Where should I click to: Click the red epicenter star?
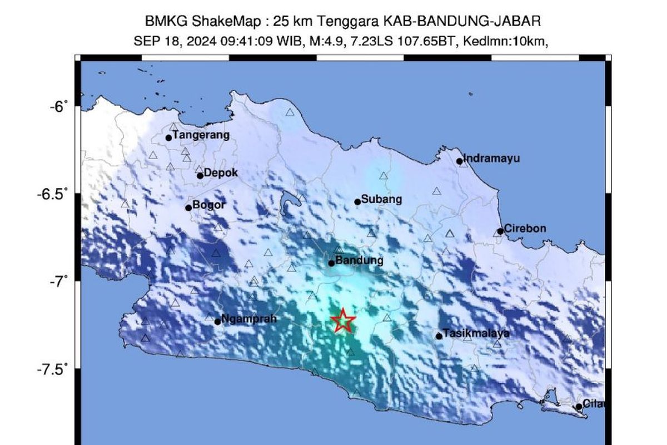[x=344, y=320]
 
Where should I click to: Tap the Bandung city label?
[x=360, y=260]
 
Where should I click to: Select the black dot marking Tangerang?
[x=168, y=138]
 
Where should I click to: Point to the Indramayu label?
[x=491, y=159]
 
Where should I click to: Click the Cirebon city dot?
[x=500, y=231]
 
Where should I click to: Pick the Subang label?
[x=381, y=199]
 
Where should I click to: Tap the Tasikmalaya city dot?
[x=439, y=336]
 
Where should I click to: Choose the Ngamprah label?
[x=248, y=319]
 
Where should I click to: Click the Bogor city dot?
[x=188, y=208]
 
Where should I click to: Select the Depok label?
[x=221, y=173]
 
